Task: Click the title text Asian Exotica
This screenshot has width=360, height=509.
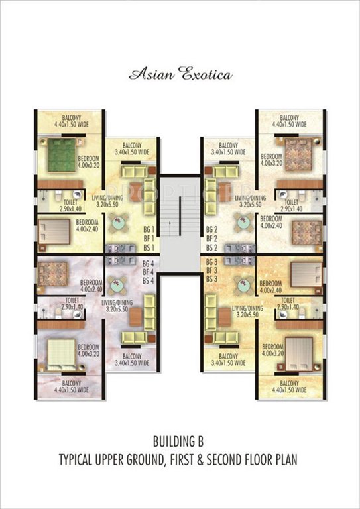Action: coord(180,74)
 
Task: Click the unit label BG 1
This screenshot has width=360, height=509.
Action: coord(149,227)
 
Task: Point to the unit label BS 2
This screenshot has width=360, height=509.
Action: coord(211,247)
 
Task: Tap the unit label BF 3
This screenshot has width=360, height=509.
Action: coord(211,271)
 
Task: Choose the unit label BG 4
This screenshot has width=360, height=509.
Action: coord(149,263)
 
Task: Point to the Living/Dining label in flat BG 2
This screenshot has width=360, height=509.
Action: coord(250,201)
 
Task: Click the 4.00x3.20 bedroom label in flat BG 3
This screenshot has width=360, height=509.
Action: coord(273,350)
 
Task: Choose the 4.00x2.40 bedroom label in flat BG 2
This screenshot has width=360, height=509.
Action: coord(272,221)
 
